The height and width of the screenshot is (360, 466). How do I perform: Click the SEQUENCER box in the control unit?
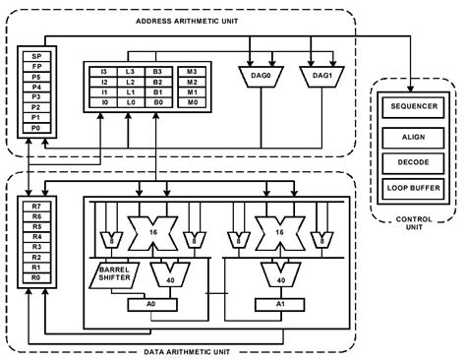coord(415,105)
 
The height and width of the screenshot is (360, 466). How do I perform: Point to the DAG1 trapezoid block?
coord(320,75)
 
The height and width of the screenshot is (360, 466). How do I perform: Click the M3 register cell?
coord(193,72)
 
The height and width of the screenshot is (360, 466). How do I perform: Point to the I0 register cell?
coord(104,103)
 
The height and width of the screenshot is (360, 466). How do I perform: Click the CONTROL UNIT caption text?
coord(415,222)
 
